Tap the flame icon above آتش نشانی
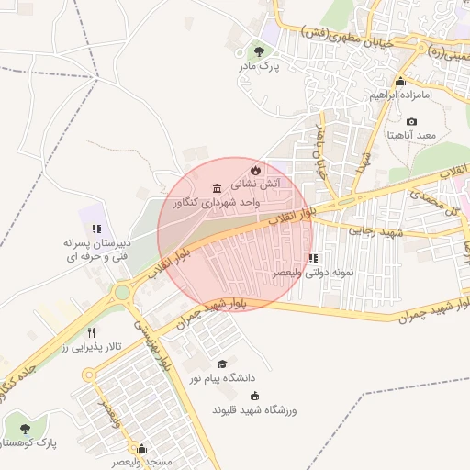tap(255, 171)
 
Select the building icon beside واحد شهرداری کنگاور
tap(217, 189)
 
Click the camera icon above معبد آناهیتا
tap(410, 122)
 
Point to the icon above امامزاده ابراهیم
tap(399, 82)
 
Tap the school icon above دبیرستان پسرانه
tap(95, 229)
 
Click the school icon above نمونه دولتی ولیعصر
tap(313, 259)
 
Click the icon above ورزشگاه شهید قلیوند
tap(254, 396)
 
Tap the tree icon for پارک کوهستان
tap(25, 428)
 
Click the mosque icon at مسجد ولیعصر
tap(141, 449)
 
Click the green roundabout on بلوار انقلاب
tap(121, 293)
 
